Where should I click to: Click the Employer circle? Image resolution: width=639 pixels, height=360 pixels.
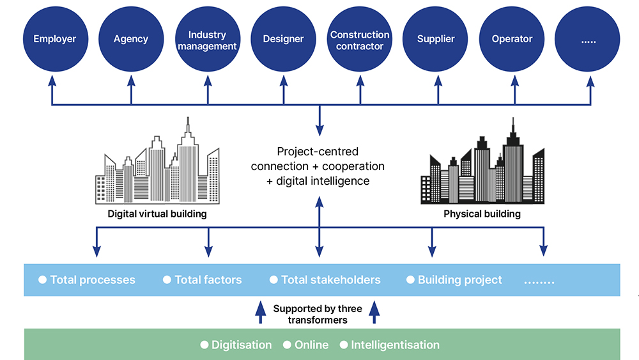coord(54,39)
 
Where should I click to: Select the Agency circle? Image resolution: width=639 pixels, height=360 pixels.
coord(131,39)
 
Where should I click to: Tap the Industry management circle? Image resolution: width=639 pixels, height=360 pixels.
coord(207,39)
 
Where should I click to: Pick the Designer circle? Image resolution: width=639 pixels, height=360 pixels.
coord(283,39)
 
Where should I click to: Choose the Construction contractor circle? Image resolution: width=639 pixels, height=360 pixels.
coord(360,39)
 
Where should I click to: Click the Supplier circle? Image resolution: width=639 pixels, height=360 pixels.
coord(436,39)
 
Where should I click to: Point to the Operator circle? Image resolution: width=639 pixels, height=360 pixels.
coord(512,39)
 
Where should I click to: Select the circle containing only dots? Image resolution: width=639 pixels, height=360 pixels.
coord(588,39)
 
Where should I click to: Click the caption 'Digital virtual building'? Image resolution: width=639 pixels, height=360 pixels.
coord(157,214)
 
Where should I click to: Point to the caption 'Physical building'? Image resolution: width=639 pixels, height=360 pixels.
coord(482,214)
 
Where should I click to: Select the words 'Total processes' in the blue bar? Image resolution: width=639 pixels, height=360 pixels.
coord(93,280)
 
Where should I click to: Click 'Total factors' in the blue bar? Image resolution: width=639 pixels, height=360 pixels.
coord(208,280)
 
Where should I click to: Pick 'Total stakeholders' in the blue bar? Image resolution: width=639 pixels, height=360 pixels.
coord(330,280)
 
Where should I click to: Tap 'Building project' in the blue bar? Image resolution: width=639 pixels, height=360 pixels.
coord(459,280)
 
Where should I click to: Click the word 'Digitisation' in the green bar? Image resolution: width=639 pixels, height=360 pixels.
coord(242,345)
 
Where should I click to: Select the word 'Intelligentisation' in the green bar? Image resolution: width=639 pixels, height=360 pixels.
coord(395,345)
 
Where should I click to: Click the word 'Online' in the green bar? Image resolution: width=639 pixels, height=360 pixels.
coord(311,345)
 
